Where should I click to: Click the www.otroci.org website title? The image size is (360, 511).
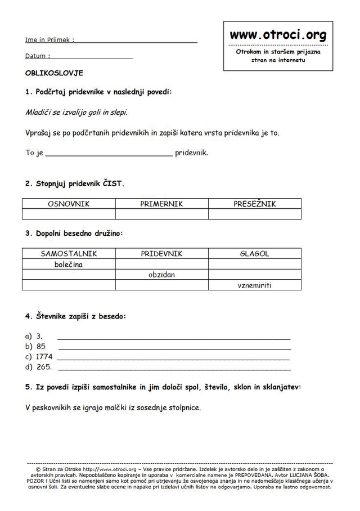click(x=278, y=36)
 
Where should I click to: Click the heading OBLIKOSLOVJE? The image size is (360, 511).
click(x=54, y=73)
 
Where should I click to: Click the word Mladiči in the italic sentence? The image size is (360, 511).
click(x=38, y=112)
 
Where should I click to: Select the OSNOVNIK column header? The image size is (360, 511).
click(x=69, y=204)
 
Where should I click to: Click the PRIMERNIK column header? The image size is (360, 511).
click(x=161, y=204)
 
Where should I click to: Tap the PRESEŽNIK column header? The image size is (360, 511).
click(x=254, y=204)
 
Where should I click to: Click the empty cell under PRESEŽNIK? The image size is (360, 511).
click(x=254, y=214)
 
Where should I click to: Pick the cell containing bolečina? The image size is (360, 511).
click(x=69, y=265)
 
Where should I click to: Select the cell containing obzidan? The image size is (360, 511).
click(x=161, y=275)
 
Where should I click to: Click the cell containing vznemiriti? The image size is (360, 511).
click(x=254, y=285)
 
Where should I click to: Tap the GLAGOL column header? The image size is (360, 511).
click(x=254, y=254)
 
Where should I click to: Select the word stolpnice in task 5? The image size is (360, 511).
click(x=183, y=407)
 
